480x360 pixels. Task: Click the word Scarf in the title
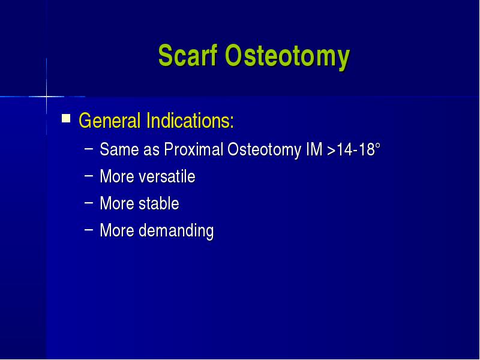pos(188,55)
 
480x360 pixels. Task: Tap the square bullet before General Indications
pos(66,118)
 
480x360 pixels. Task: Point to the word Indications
pos(190,121)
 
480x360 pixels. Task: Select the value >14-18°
pos(353,149)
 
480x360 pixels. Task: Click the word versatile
pos(167,176)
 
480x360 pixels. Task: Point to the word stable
pos(159,203)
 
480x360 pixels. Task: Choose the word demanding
pos(176,231)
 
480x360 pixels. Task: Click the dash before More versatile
pos(88,176)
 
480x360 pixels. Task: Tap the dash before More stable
pos(88,203)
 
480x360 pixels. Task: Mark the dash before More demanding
pos(88,230)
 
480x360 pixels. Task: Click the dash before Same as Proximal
pos(88,149)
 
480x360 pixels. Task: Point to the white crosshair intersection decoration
pos(47,97)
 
